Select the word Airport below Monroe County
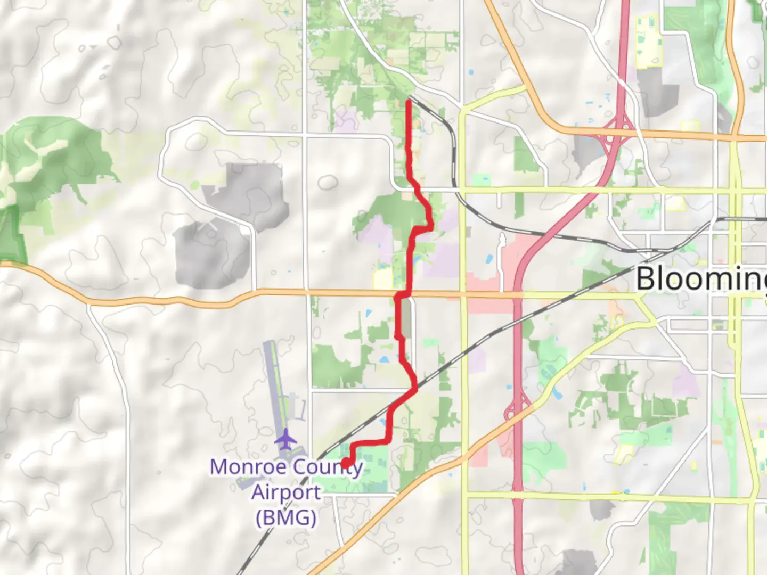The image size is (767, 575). pyautogui.click(x=286, y=492)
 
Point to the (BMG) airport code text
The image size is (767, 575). pyautogui.click(x=286, y=517)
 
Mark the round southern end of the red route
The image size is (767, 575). pyautogui.click(x=346, y=464)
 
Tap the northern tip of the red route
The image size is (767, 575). pyautogui.click(x=409, y=101)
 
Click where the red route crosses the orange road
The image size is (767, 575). pyautogui.click(x=403, y=293)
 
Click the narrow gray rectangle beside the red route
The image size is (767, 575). pyautogui.click(x=406, y=318)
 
